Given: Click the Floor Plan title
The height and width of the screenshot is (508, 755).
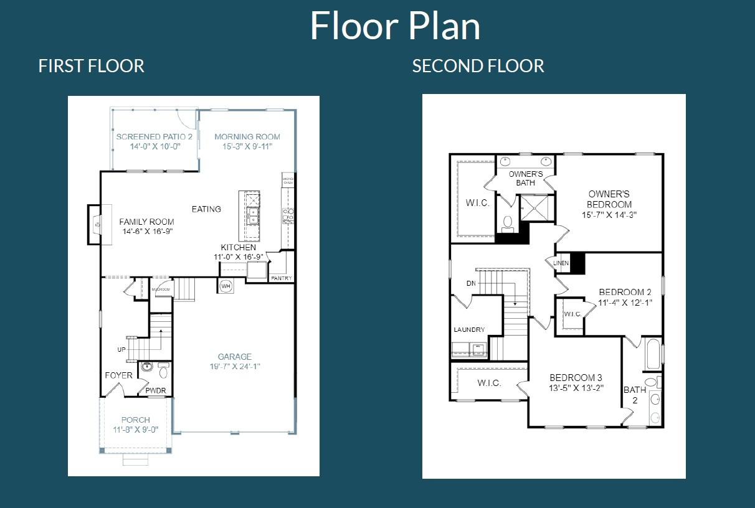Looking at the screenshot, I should pos(395,26).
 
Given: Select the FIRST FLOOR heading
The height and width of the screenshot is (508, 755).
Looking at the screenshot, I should pos(91,66).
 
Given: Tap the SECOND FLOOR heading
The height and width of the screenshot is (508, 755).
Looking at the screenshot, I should pos(478,66).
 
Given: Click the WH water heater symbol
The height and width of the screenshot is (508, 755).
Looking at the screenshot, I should pos(225,286).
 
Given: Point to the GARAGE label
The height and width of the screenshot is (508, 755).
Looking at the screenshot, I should pos(235,357).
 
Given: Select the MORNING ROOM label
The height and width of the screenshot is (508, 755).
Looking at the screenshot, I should pos(247,136).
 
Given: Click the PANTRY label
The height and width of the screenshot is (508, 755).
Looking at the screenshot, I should pos(281,278).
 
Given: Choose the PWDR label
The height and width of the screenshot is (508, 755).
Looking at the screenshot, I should pos(155,391).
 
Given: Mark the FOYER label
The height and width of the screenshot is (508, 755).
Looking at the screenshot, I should pos(118,375).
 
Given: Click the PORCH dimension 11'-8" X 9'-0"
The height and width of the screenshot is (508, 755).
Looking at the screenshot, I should pos(135,430).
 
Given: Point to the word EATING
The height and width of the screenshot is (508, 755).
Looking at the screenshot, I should pos(206,209).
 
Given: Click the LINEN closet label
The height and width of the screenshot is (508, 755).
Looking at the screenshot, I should pos(561,263).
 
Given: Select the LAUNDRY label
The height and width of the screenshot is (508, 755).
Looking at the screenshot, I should pos(469,330).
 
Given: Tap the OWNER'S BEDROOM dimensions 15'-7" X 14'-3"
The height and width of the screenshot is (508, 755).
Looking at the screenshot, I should pos(609,214).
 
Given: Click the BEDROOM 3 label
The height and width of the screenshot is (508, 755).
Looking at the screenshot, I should pos(576,378).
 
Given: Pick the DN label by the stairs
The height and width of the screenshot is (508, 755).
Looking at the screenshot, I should pos(471,283).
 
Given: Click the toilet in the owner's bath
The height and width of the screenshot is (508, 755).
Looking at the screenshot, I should pos(507,222).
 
